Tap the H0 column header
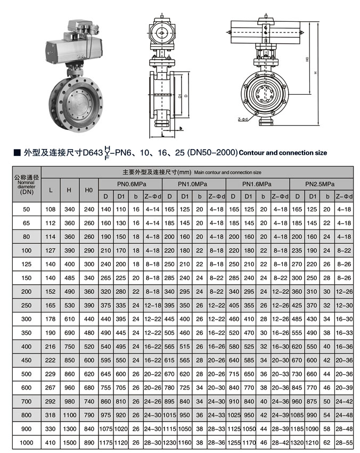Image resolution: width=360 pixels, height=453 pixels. pos(88,190)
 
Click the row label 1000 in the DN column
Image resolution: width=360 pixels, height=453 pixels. pos(26,441)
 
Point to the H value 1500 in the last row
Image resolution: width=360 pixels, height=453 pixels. pos(69,441)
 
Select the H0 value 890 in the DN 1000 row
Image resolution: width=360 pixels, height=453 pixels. pos(88,441)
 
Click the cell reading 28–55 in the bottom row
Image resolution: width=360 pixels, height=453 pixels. pos(344,441)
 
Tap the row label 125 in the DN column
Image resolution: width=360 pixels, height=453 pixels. pos(26,264)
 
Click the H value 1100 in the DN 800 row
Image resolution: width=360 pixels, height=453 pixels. pos(69,414)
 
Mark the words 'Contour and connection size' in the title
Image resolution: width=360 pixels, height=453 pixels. pos(283,153)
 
